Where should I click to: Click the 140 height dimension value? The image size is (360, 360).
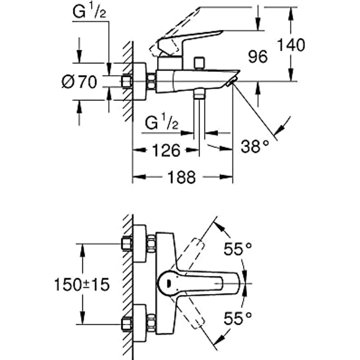(x=291, y=45)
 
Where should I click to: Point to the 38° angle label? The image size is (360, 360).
(x=255, y=146)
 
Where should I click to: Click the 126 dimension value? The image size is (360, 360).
(x=164, y=150)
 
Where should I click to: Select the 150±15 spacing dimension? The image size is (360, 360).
(x=82, y=284)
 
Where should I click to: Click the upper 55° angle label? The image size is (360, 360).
(x=237, y=249)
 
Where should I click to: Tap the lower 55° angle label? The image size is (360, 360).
(x=237, y=319)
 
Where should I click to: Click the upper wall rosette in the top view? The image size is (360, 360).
(x=139, y=243)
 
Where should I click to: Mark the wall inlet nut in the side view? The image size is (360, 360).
(x=127, y=81)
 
